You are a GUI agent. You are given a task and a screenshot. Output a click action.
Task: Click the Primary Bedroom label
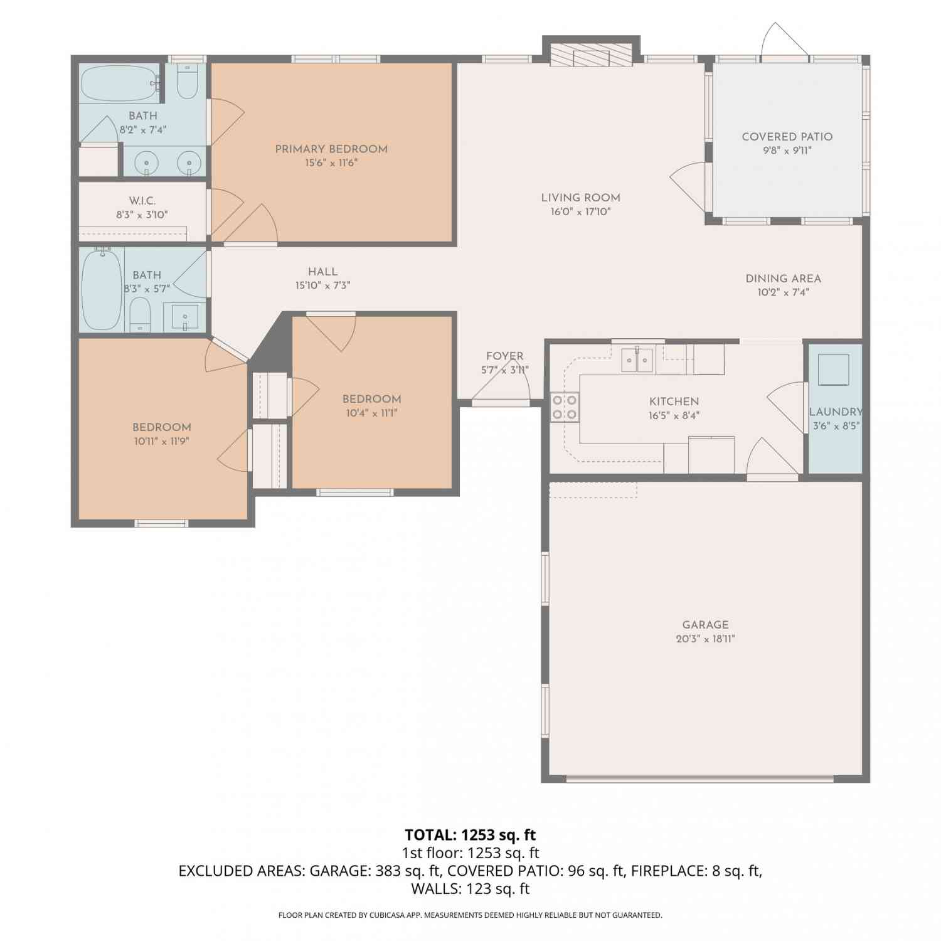[331, 149]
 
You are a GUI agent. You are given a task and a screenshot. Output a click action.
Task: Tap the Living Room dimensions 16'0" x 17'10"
[581, 212]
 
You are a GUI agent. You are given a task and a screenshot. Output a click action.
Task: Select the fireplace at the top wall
[591, 55]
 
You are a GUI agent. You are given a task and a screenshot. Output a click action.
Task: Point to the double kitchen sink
[637, 359]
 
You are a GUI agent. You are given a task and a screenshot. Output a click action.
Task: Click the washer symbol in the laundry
[834, 369]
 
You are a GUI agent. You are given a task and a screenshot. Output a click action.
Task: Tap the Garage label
[706, 625]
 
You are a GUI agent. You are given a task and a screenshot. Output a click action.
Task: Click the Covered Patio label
[787, 137]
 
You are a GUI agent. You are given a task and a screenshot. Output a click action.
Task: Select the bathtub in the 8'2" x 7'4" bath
[119, 83]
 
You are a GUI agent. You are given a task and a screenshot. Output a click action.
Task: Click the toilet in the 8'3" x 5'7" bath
[140, 314]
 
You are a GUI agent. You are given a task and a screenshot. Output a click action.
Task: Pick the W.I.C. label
[142, 201]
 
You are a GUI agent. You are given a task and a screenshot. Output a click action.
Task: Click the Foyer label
[505, 356]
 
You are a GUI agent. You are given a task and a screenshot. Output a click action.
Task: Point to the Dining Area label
[783, 279]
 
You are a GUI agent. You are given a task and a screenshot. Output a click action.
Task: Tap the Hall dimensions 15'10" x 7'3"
[323, 285]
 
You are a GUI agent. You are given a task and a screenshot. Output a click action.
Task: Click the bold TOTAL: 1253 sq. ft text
[470, 835]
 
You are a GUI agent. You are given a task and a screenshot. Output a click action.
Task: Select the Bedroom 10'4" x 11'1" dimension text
[372, 413]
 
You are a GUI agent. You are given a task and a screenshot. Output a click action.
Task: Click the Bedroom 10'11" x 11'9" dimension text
[162, 441]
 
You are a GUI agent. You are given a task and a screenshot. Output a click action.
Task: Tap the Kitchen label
[674, 401]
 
